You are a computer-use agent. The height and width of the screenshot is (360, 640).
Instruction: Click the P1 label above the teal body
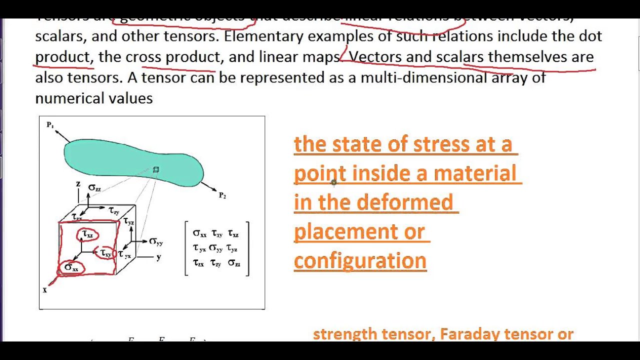[x=50, y=125]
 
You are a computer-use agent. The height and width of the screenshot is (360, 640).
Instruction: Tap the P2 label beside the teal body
[x=222, y=195]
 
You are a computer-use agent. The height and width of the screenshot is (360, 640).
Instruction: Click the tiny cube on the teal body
[x=156, y=170]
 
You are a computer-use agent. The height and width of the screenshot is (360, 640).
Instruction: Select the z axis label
[x=78, y=184]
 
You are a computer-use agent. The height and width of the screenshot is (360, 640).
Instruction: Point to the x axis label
[x=45, y=289]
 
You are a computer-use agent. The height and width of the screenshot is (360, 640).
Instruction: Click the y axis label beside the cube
[x=158, y=257]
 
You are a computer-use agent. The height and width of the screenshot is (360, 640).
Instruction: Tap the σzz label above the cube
[x=94, y=187]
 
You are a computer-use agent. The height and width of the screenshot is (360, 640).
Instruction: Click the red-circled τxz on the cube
[x=88, y=233]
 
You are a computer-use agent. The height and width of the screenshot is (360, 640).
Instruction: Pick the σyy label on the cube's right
[x=156, y=241]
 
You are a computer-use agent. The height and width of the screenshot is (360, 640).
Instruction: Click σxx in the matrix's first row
[x=199, y=233]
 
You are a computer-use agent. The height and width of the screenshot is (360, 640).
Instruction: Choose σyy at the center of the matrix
[x=216, y=247]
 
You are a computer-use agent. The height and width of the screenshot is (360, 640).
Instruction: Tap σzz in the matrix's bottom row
[x=234, y=263]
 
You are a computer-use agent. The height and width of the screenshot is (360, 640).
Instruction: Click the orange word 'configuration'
[x=360, y=260]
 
